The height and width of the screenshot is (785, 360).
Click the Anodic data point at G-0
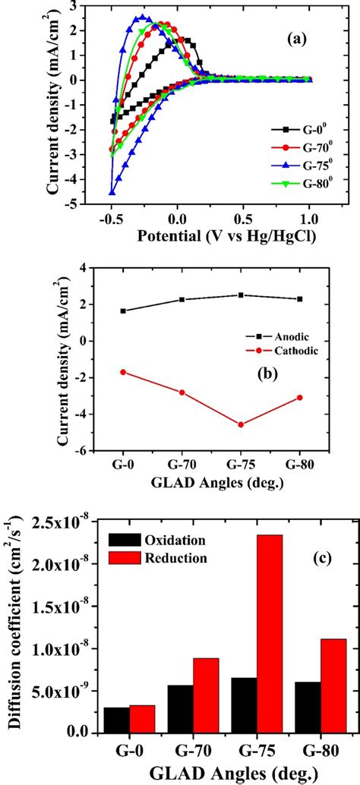point(123,311)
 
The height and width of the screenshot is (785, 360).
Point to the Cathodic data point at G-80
point(301,398)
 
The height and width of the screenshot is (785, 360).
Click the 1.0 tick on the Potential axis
point(310,218)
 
